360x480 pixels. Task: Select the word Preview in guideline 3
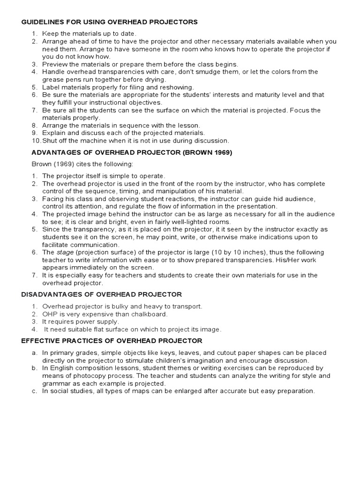55,64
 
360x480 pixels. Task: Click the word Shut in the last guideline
50,141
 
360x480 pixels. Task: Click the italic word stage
66,252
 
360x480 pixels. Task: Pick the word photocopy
90,376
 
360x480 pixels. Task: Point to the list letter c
34,391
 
